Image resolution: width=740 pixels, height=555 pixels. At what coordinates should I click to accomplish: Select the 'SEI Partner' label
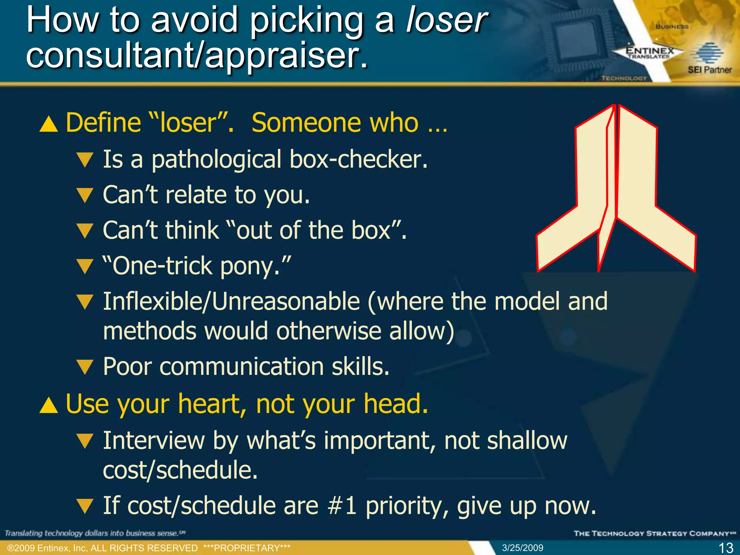click(709, 70)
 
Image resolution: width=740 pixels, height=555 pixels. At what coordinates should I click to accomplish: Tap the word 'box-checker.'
click(358, 159)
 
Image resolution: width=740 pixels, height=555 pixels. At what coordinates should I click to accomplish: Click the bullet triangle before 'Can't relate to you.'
click(85, 195)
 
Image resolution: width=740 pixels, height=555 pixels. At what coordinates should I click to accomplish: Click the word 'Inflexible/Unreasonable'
click(231, 301)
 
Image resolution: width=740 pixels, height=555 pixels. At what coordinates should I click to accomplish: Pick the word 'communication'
click(241, 367)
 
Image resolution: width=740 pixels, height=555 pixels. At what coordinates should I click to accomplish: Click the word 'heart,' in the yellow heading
click(212, 404)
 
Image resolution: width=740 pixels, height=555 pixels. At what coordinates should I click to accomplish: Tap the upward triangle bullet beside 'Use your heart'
click(49, 405)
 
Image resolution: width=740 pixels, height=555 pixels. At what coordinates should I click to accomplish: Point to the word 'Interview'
click(154, 440)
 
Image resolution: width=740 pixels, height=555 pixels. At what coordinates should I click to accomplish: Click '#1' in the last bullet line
click(342, 505)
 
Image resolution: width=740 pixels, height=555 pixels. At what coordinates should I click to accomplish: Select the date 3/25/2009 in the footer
click(522, 548)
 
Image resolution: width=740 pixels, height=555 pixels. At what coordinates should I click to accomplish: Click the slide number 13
click(726, 548)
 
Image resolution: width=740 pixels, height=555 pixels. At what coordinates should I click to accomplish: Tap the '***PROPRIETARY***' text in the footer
click(247, 548)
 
